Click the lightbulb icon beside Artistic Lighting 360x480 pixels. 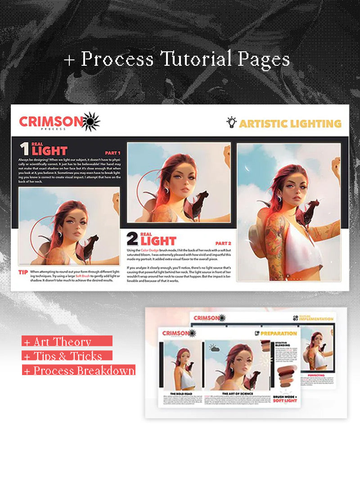[231, 122]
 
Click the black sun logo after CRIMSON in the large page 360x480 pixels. [91, 121]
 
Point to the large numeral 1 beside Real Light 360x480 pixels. [24, 149]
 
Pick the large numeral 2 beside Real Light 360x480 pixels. [132, 239]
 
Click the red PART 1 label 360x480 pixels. [112, 153]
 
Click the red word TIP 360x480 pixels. [23, 272]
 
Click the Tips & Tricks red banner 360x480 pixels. [67, 356]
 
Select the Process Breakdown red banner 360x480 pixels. [79, 371]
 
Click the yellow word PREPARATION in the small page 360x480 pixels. [279, 334]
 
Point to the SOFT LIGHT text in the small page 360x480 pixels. [285, 400]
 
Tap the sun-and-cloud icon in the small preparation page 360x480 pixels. [213, 348]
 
